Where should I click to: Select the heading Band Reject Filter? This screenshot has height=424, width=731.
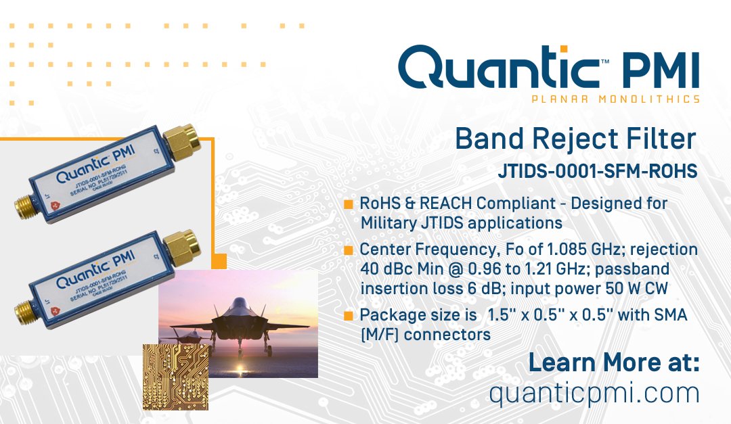tap(575, 139)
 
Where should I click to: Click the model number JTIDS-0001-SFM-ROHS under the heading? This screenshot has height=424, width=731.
tap(597, 172)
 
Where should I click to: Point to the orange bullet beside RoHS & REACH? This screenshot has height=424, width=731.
tap(349, 204)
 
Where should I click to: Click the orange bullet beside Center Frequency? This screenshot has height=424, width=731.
tap(349, 250)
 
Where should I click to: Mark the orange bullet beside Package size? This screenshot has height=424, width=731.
tap(349, 316)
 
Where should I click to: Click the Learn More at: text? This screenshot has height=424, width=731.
tap(613, 362)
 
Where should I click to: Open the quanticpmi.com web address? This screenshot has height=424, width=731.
tap(594, 393)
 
